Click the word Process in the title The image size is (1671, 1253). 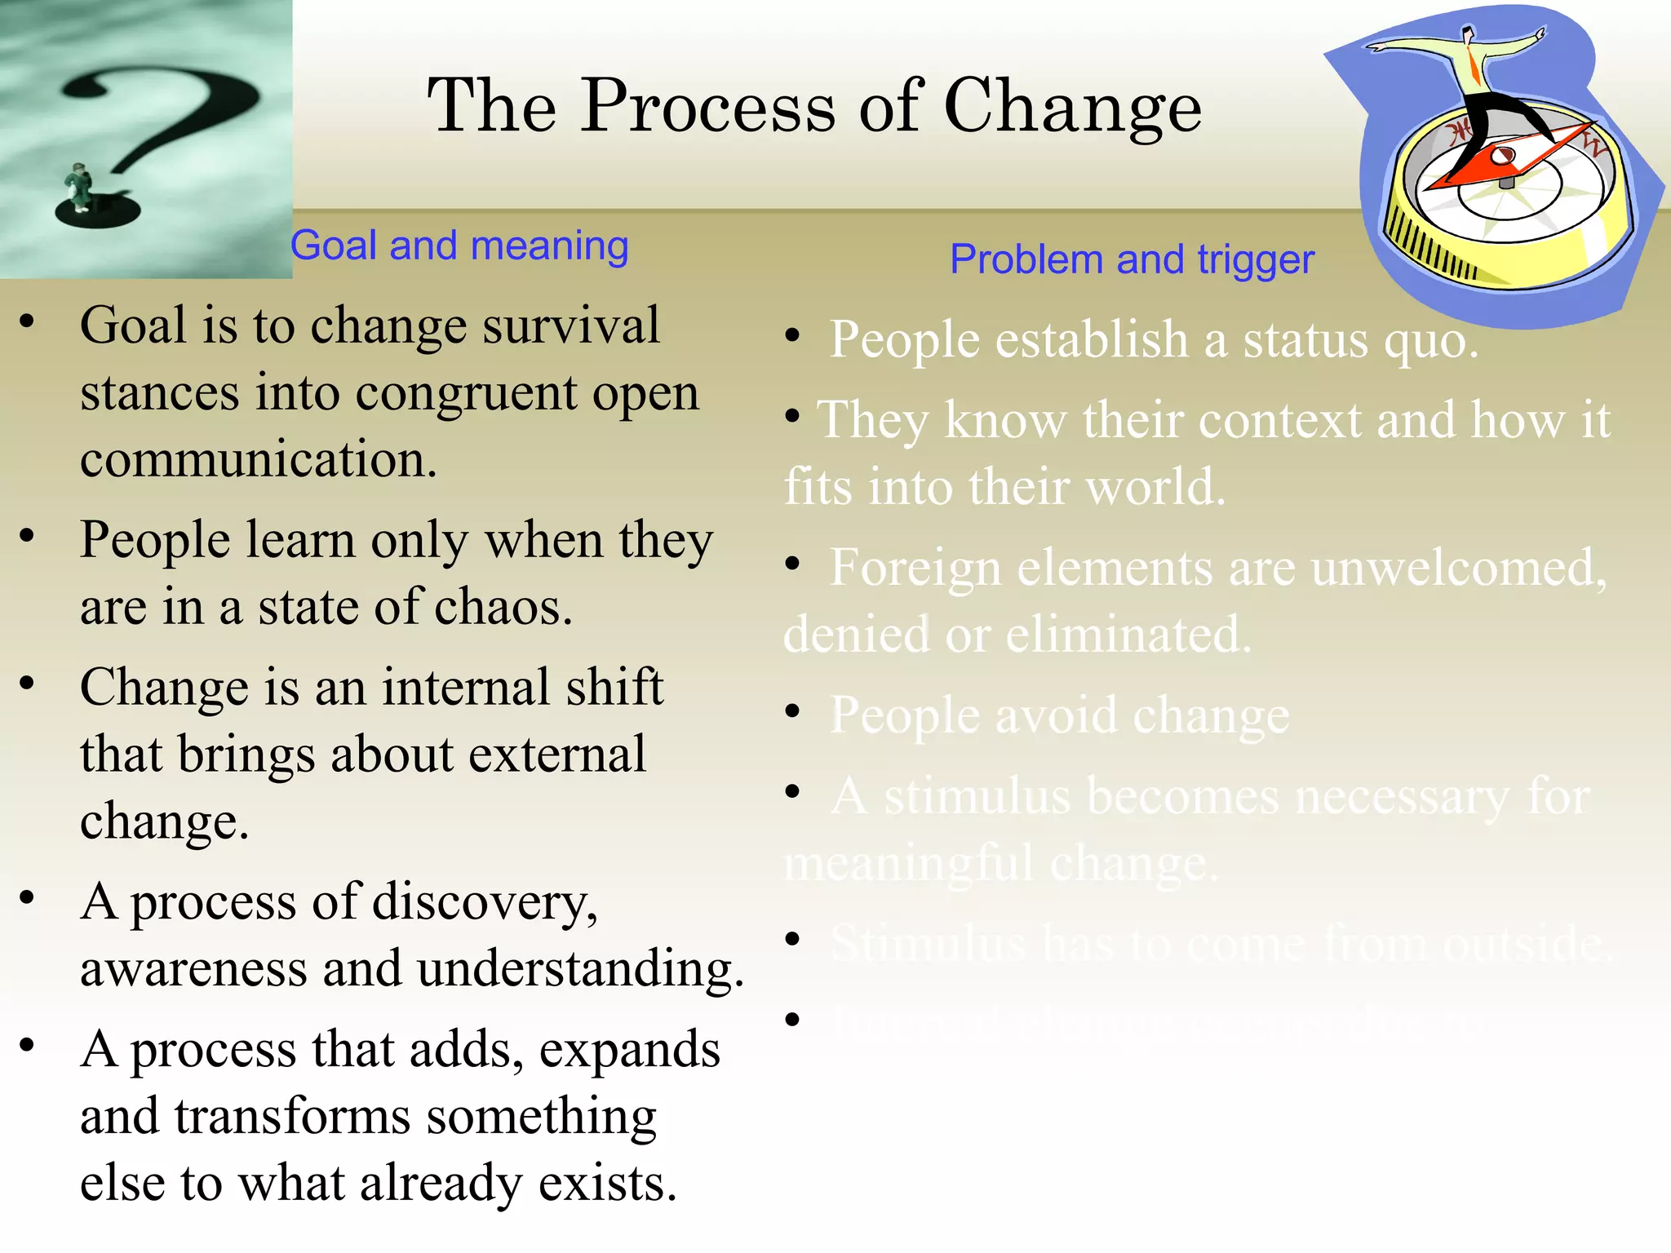pos(708,106)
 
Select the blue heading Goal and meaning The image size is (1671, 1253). pos(459,246)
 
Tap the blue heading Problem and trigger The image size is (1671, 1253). pos(1132,259)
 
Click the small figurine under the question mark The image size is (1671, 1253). pos(79,187)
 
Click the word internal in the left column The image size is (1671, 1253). pos(466,687)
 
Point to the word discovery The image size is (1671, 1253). pos(485,903)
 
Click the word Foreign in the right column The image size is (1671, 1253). pos(915,568)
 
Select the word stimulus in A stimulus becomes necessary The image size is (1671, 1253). pos(977,796)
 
